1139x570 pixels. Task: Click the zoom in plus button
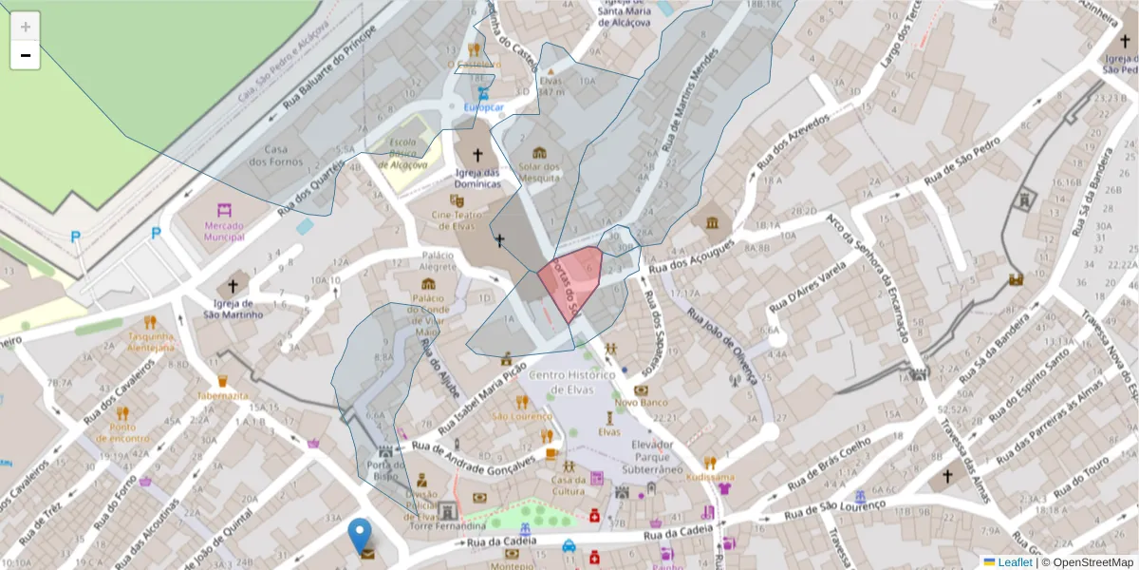point(26,26)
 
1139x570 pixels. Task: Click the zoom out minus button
point(26,55)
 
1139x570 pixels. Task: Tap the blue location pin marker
point(360,535)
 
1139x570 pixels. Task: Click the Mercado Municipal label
point(224,230)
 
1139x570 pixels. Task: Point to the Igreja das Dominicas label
point(476,178)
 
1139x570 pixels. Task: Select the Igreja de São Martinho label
point(232,309)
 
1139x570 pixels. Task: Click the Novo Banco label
point(641,402)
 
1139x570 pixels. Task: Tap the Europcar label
point(483,107)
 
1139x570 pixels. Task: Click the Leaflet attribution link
point(1013,562)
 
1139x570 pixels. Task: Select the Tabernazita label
point(222,394)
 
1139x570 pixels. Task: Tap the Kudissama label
point(710,477)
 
